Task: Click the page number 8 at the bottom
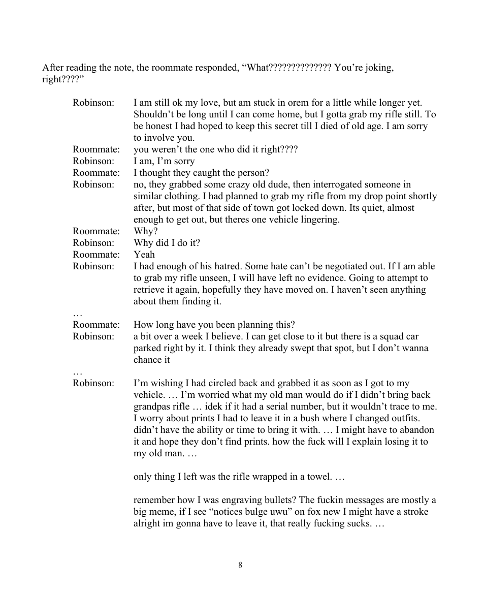click(x=240, y=565)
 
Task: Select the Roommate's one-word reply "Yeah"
click(x=144, y=255)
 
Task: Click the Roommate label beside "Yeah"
click(x=96, y=255)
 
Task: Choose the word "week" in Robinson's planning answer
click(x=189, y=336)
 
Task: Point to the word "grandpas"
click(x=154, y=407)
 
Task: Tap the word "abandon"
click(x=417, y=430)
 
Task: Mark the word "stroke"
click(x=414, y=512)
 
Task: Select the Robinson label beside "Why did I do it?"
click(x=93, y=243)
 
